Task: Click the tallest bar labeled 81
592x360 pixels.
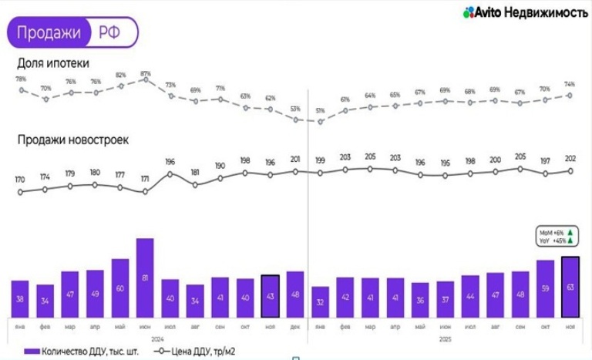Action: (x=145, y=278)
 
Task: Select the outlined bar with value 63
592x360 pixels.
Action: (x=570, y=287)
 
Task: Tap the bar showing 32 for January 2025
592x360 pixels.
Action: (x=320, y=301)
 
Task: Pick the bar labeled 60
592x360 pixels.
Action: (x=120, y=288)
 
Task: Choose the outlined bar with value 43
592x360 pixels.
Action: (x=270, y=296)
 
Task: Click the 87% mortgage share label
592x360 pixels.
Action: (x=146, y=74)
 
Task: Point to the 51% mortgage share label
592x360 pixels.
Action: (x=321, y=111)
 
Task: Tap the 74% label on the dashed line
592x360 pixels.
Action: (x=570, y=84)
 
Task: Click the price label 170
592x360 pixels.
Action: (x=20, y=180)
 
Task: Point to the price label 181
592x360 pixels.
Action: (x=195, y=173)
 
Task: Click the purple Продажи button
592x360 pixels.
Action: (x=49, y=32)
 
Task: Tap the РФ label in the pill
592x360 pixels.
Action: (x=109, y=32)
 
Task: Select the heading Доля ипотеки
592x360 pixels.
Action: (x=53, y=62)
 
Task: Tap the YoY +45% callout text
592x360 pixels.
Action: (x=557, y=240)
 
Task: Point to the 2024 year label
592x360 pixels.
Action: (x=158, y=338)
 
